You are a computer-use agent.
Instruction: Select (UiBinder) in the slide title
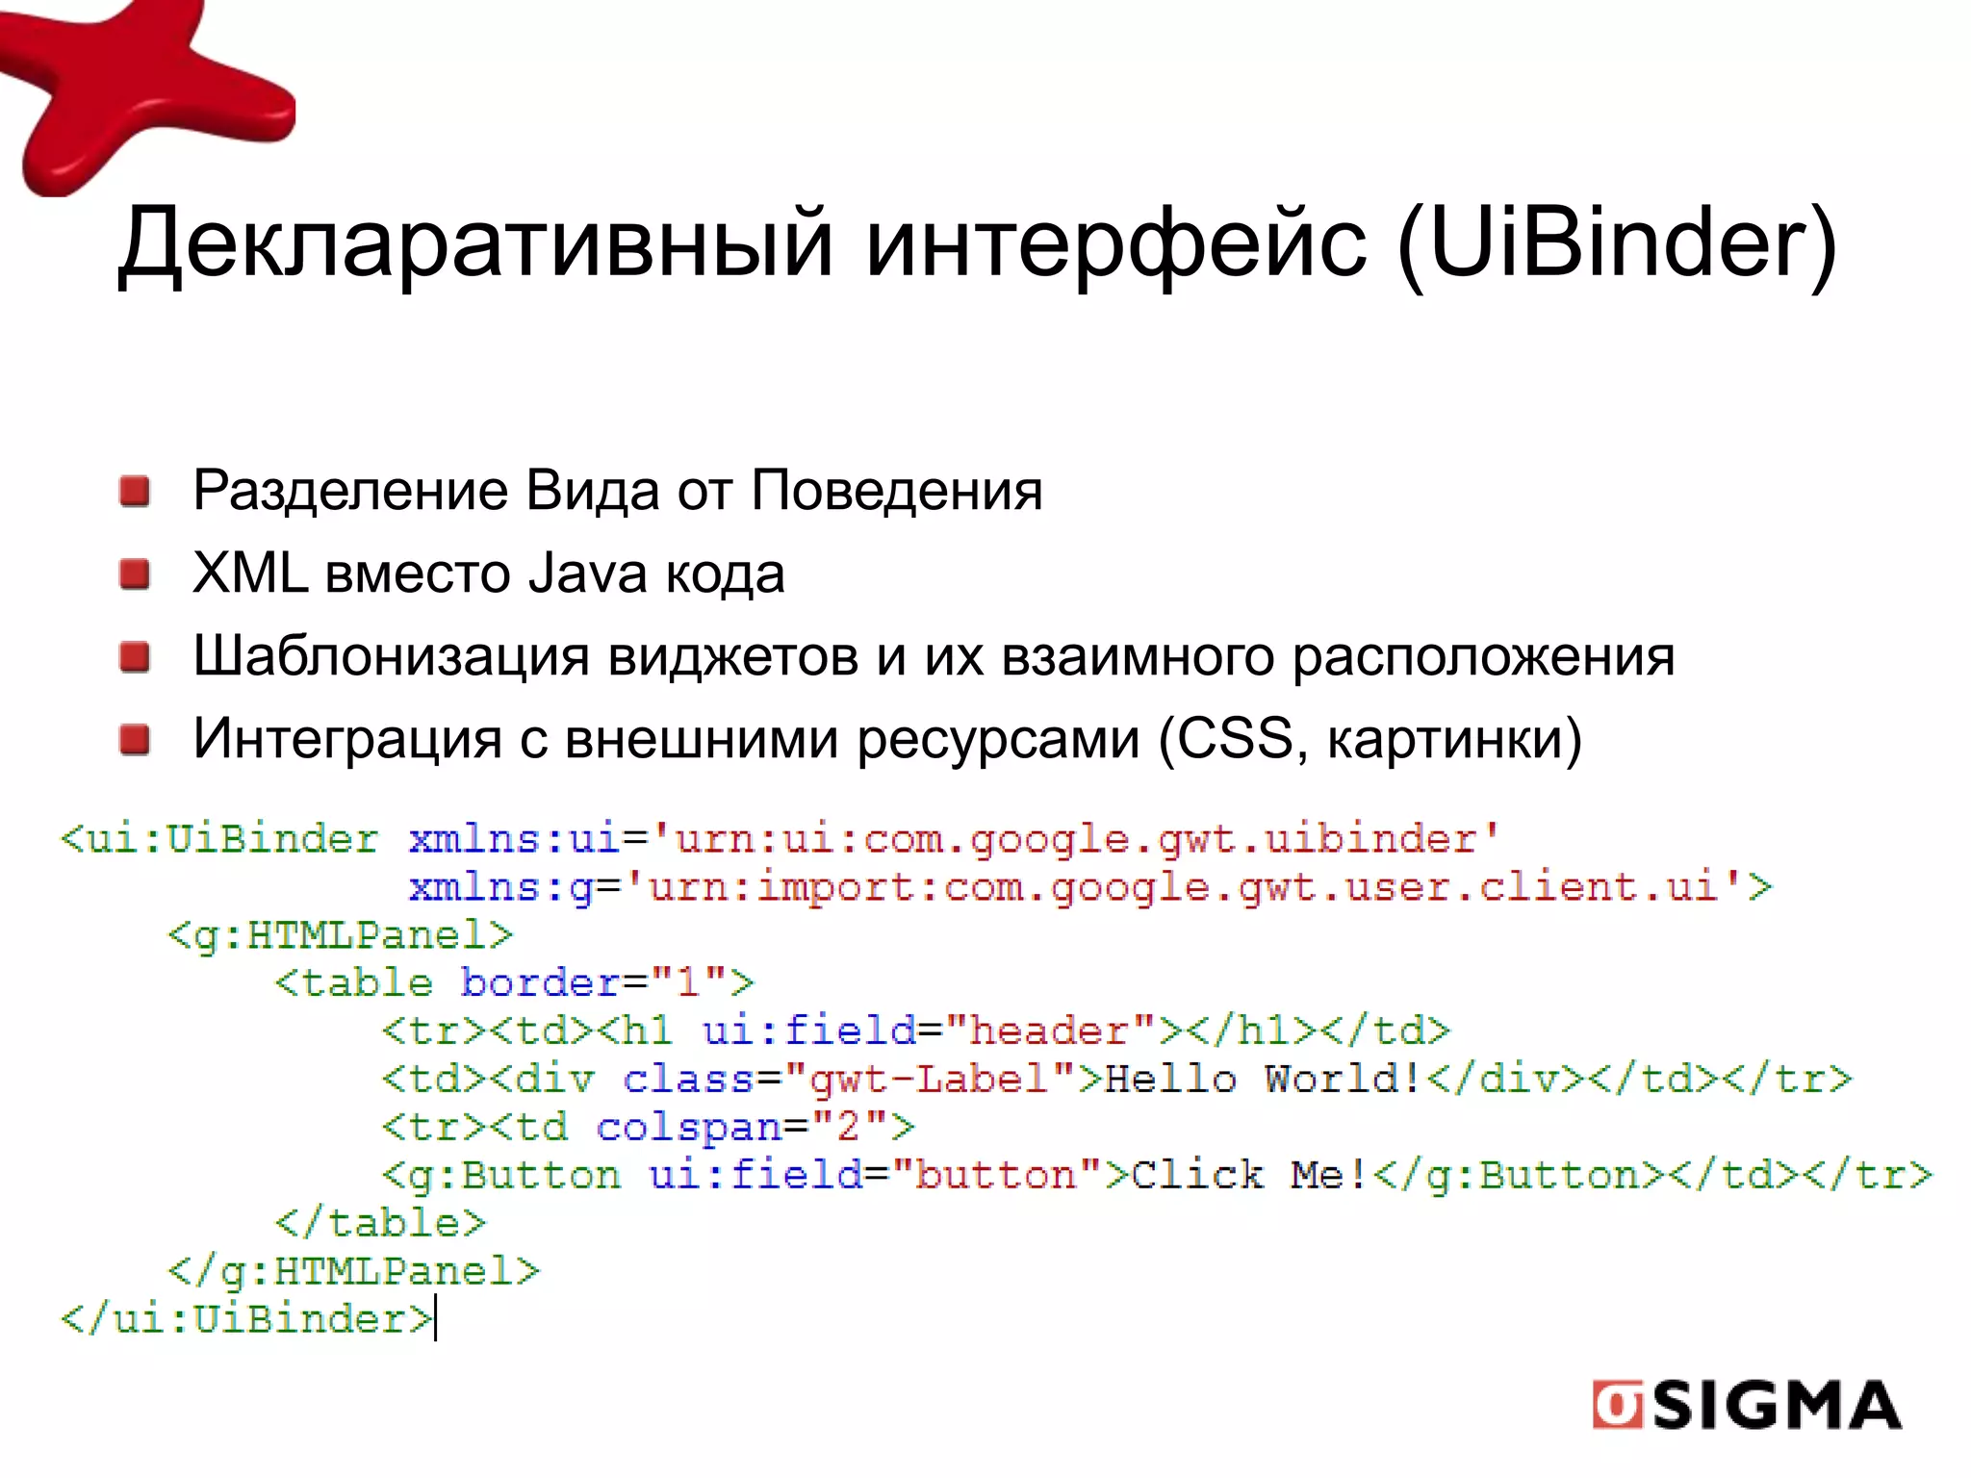click(1616, 244)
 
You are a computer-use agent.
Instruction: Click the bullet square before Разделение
click(135, 492)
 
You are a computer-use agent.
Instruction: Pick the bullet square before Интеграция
click(135, 740)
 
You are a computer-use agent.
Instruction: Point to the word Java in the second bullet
click(587, 574)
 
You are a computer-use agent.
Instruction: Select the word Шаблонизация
click(391, 657)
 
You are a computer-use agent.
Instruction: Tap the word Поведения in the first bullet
click(896, 492)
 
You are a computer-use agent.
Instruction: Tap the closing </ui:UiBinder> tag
click(246, 1319)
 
